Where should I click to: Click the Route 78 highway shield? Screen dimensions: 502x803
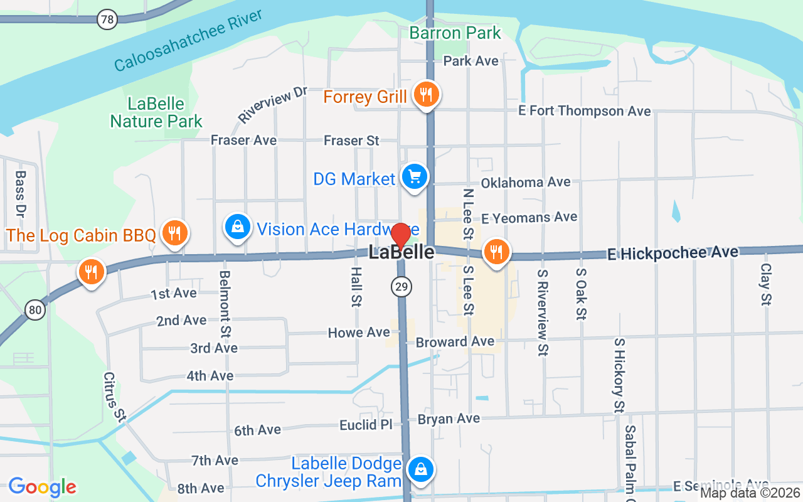[107, 19]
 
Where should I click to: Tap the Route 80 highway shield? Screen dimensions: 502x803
[36, 309]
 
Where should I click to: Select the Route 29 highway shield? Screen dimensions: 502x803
[401, 287]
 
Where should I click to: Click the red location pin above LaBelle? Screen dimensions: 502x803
[401, 235]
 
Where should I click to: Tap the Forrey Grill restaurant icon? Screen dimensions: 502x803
[426, 95]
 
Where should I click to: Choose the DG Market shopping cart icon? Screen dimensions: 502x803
[414, 177]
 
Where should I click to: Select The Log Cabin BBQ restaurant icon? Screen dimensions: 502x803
[174, 233]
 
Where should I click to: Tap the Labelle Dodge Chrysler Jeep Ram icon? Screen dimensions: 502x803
[420, 469]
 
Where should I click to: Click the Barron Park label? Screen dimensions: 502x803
[455, 33]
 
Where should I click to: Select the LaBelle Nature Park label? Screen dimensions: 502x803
[156, 112]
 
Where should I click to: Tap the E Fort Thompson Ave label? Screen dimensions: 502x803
[584, 111]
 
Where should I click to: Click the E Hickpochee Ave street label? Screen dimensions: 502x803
[673, 253]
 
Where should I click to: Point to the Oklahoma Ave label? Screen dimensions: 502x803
[526, 183]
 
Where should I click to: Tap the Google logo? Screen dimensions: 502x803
[42, 487]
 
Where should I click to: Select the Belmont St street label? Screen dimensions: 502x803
[225, 302]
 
